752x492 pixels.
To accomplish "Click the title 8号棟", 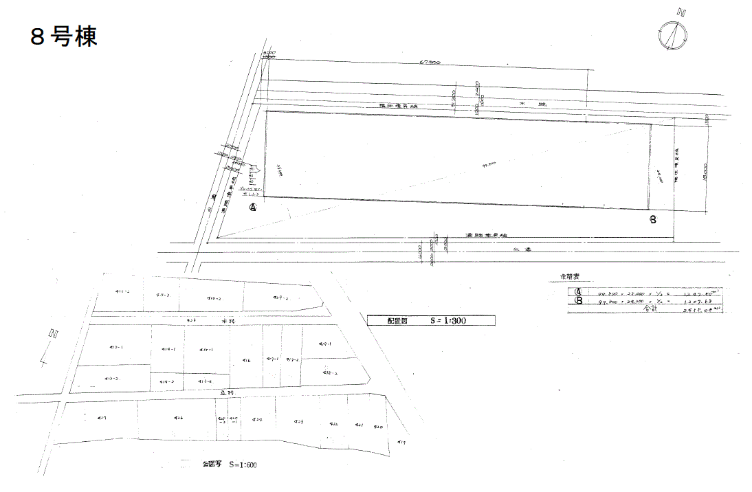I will [x=63, y=36].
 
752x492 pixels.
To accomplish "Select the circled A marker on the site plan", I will [x=253, y=207].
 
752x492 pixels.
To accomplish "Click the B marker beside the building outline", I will [x=652, y=220].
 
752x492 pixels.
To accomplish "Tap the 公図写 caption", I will [x=213, y=465].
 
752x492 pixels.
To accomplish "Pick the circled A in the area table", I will [x=578, y=291].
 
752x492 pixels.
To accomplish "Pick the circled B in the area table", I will [x=578, y=300].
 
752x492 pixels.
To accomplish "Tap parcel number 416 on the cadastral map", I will [x=246, y=359].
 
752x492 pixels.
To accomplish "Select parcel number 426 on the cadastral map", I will [x=178, y=418].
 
